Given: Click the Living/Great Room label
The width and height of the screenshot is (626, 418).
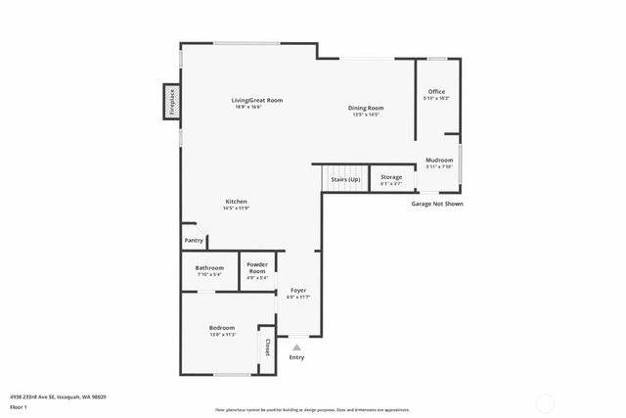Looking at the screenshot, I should [x=257, y=100].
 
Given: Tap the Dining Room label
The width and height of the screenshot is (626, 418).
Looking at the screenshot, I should [x=366, y=108].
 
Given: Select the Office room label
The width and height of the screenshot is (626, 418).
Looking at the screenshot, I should [x=436, y=92].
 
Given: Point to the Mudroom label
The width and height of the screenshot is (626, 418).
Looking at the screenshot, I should [x=438, y=160].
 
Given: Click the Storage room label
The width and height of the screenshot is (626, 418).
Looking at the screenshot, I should [x=391, y=177].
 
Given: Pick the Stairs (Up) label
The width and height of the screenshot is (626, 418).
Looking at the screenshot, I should [x=345, y=180].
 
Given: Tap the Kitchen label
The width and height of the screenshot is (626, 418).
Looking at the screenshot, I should [x=236, y=202].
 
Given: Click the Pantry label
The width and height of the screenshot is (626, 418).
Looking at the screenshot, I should [x=194, y=240].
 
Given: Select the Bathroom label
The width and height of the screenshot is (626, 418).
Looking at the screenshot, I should [x=209, y=267].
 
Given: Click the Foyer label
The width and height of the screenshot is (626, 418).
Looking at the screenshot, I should [x=297, y=291].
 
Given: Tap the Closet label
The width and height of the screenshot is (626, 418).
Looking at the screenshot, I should [x=267, y=346].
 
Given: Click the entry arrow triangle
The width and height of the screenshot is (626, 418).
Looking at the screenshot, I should [x=297, y=347].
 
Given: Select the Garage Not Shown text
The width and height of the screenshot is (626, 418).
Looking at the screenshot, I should [x=436, y=204].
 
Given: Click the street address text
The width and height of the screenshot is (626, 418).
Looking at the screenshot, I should [x=58, y=396].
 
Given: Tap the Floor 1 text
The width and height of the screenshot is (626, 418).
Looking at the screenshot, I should [x=19, y=405].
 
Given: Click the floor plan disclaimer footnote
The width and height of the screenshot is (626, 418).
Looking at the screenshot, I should [x=313, y=410].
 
